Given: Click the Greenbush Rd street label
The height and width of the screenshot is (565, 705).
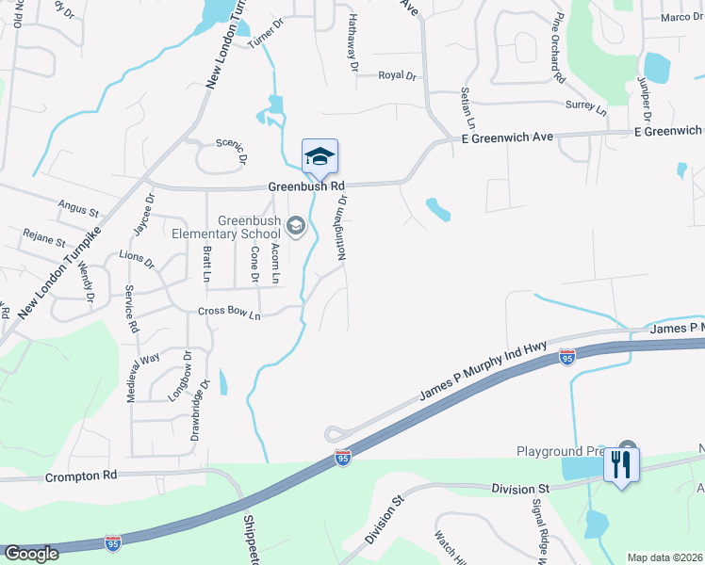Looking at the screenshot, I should (x=306, y=186).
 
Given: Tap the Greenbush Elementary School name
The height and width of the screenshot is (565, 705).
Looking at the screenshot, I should (x=251, y=227).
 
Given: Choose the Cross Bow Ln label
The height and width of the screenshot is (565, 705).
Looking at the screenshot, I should (x=228, y=313).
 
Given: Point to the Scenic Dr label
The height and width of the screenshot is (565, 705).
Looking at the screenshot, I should (x=230, y=145).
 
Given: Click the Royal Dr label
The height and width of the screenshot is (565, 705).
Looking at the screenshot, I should (x=397, y=75).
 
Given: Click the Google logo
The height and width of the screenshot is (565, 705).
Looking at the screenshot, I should (x=31, y=553).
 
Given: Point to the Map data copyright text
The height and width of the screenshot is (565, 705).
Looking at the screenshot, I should (x=664, y=557).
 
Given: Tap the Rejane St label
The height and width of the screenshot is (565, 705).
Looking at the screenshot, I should (x=47, y=242).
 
